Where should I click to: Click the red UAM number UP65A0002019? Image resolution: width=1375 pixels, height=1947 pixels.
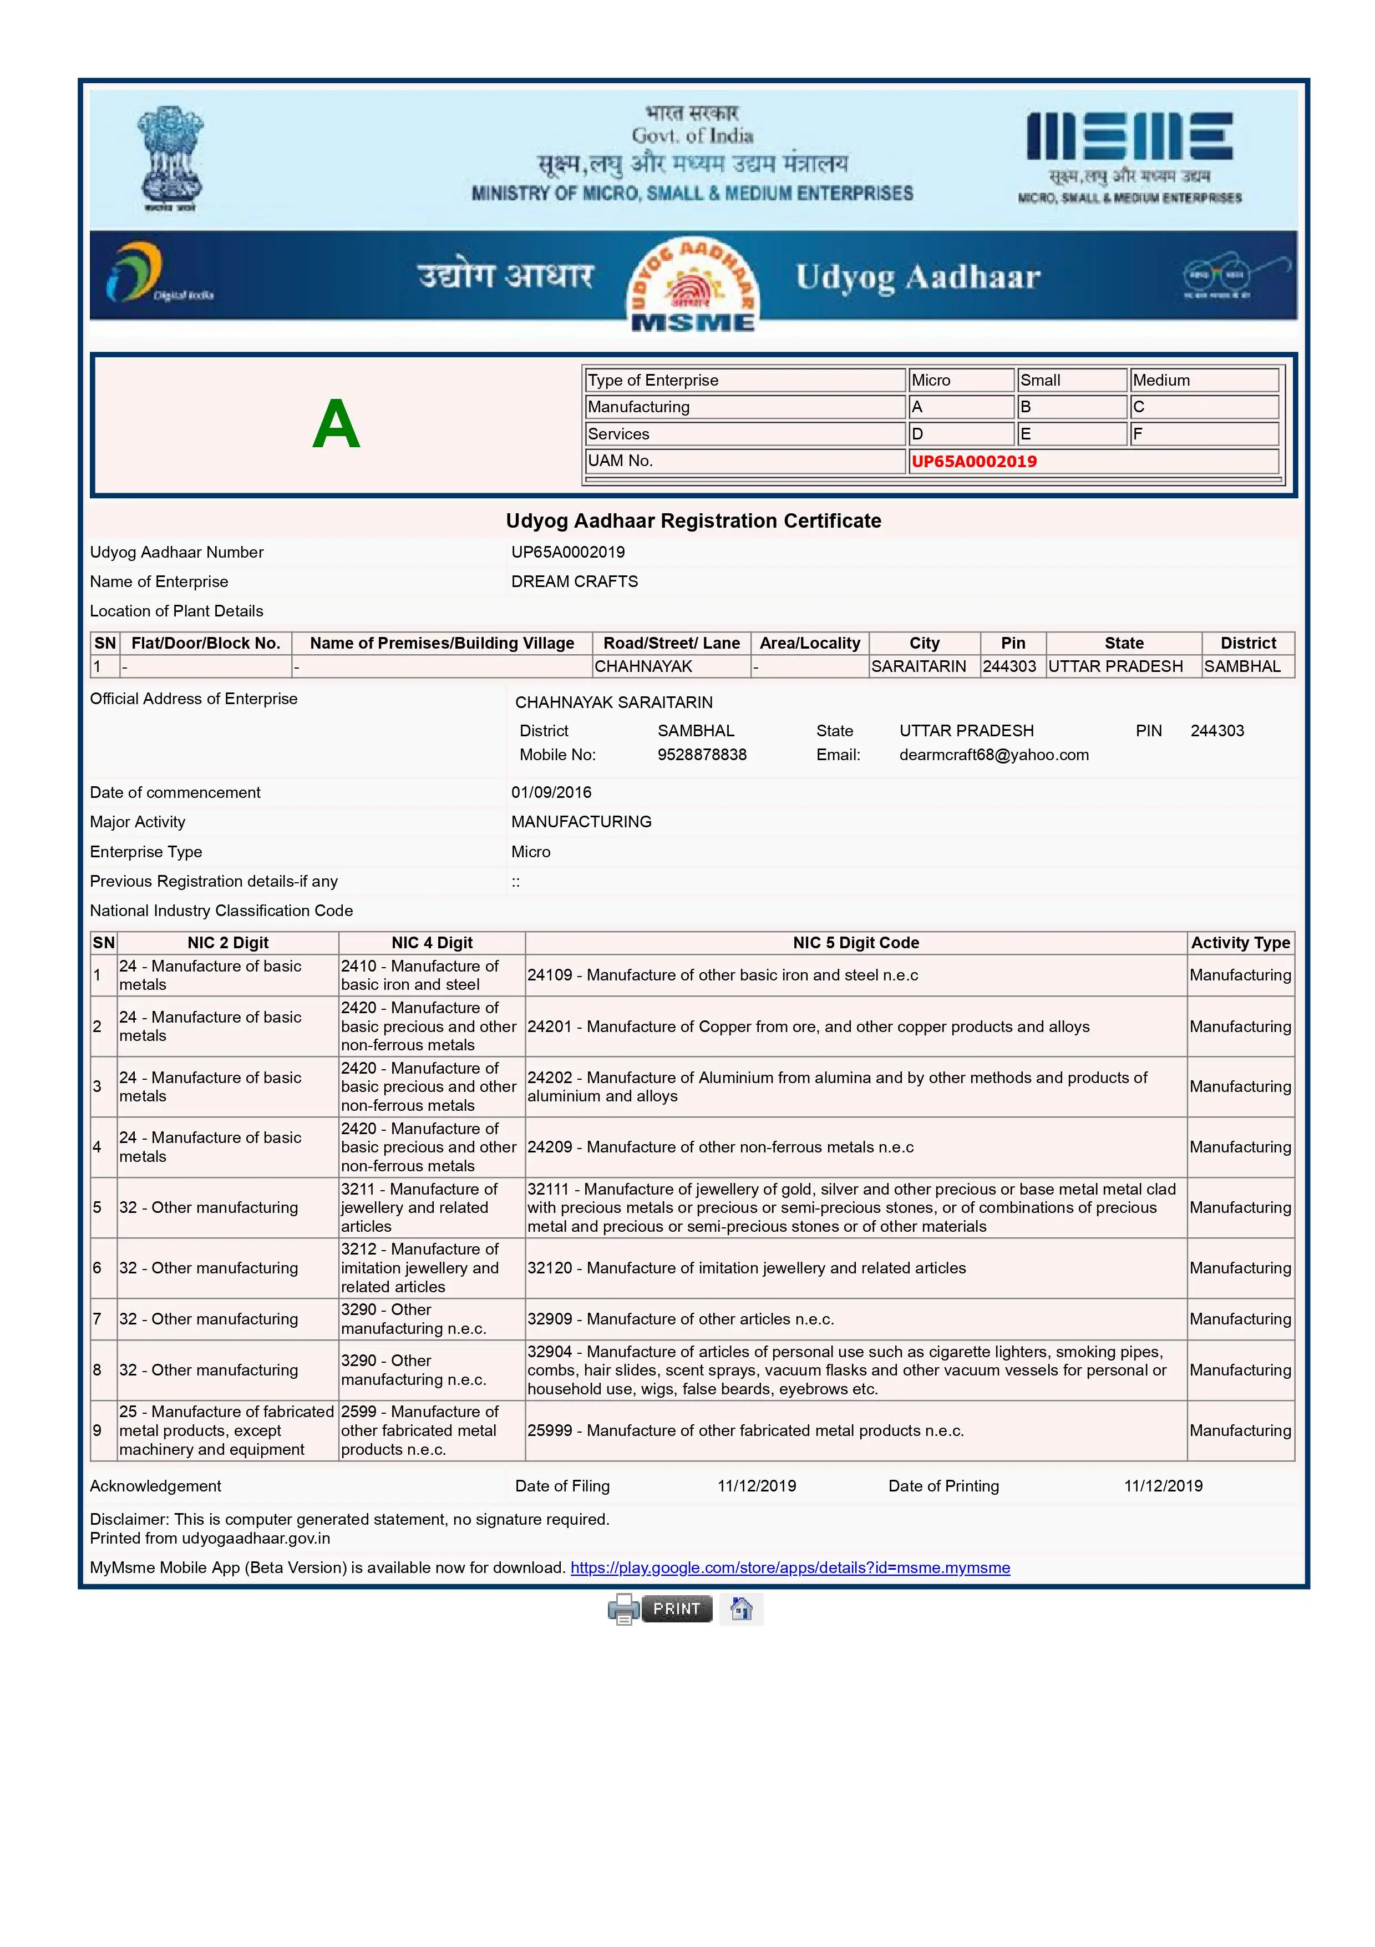coord(974,461)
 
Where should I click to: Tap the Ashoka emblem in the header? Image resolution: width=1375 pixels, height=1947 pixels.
coord(170,158)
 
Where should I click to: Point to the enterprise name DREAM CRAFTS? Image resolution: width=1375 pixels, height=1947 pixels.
coord(574,581)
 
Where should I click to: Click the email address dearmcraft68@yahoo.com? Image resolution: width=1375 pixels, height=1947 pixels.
coord(993,755)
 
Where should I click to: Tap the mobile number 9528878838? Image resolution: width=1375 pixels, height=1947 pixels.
coord(702,755)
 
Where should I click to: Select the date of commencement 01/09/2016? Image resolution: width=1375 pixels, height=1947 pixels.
coord(551,792)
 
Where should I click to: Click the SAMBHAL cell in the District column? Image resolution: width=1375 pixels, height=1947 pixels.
coord(1242,666)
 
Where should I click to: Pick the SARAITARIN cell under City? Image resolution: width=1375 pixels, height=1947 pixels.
coord(918,666)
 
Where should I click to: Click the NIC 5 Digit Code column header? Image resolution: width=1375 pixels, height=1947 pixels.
coord(855,943)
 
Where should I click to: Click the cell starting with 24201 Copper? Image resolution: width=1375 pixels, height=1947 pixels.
coord(808,1027)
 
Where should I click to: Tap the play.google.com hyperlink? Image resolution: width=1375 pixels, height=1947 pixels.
coord(790,1568)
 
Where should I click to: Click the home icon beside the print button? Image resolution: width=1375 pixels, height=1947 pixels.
coord(741,1609)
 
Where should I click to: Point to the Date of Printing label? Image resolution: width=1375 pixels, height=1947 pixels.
coord(943,1486)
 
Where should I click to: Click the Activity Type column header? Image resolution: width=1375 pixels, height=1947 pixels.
coord(1240,943)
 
